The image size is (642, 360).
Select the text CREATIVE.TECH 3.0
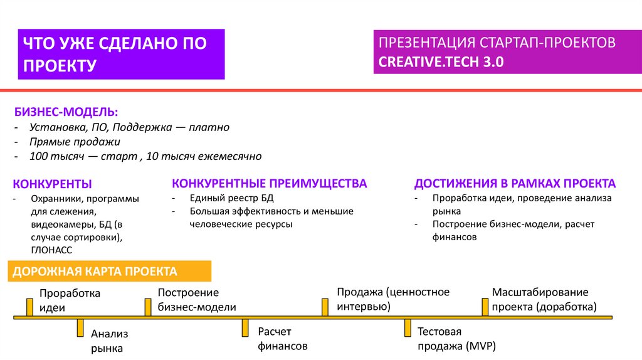point(441,63)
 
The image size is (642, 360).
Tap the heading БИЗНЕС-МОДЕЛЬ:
point(66,112)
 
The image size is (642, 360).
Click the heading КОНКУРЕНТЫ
point(53,184)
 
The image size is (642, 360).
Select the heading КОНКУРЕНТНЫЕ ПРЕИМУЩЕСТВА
point(270,183)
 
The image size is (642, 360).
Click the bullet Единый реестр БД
point(232,198)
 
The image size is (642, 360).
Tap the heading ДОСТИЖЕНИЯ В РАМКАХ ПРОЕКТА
point(515,183)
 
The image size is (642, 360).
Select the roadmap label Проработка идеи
point(70,300)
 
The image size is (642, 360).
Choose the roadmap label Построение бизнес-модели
point(197,300)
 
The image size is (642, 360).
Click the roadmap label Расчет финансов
point(283,338)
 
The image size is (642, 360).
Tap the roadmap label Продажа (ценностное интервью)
point(393,299)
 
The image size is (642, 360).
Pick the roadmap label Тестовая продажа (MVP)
point(456,339)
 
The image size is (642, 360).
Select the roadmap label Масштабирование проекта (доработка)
point(544,299)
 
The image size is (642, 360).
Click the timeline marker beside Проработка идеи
point(29,307)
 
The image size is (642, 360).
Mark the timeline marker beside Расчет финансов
point(246,329)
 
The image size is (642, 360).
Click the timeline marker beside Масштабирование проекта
point(485,307)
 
